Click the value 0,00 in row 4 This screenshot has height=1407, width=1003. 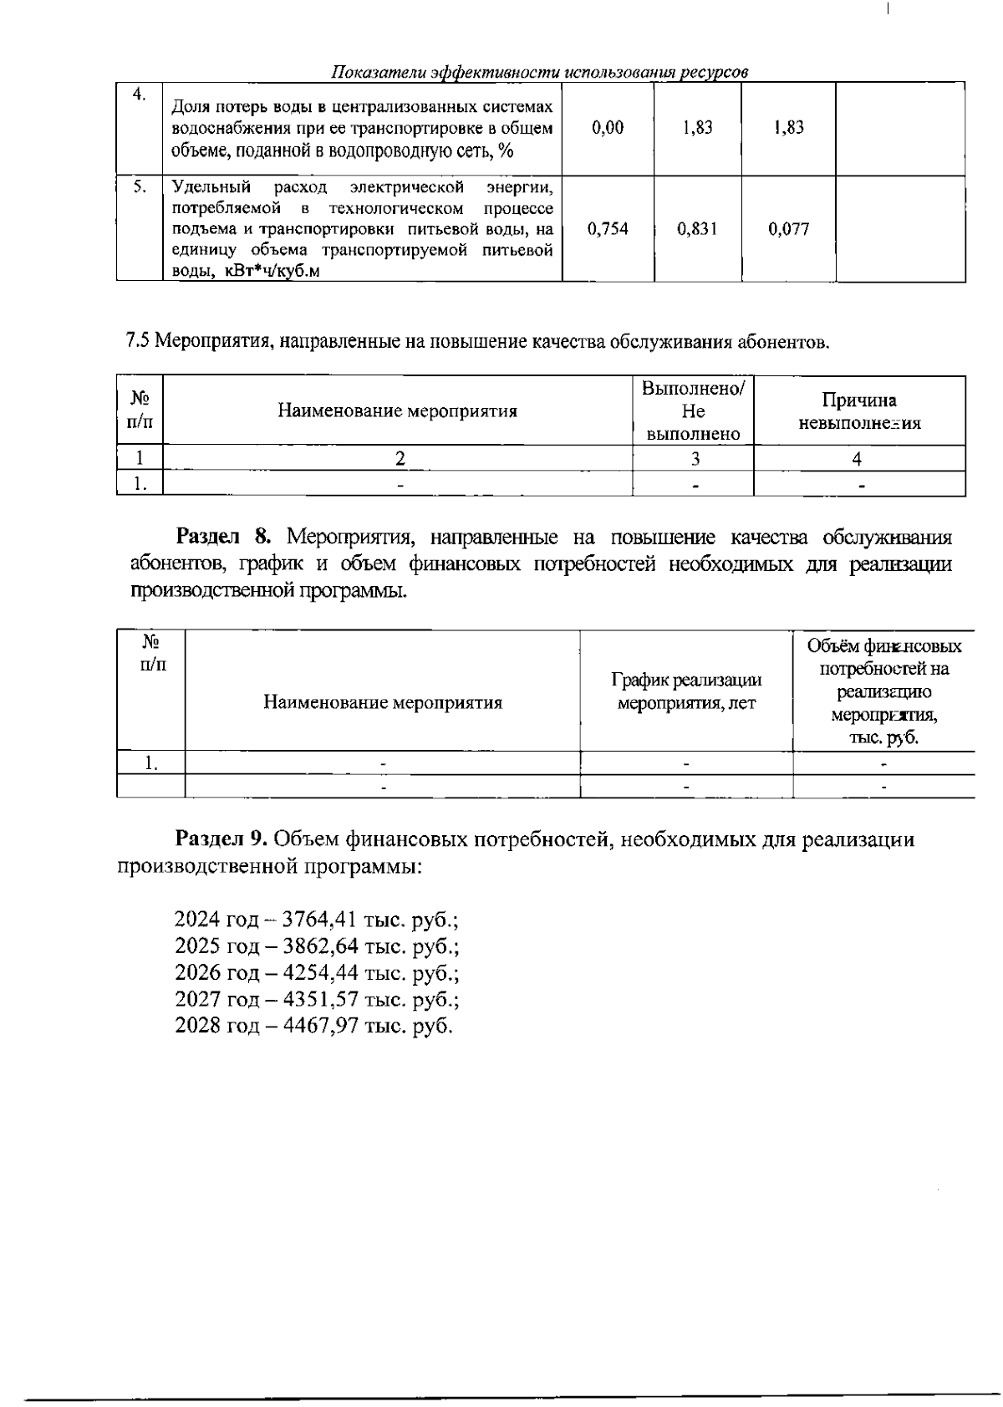click(x=607, y=128)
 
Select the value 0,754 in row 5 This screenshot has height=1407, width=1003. click(x=608, y=228)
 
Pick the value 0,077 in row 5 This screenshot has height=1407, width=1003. click(x=788, y=228)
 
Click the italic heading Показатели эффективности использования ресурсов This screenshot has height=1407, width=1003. click(x=539, y=72)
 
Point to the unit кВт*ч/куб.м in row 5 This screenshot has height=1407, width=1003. click(x=272, y=272)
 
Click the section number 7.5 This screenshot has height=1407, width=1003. click(x=137, y=341)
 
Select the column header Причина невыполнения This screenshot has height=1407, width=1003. click(x=859, y=411)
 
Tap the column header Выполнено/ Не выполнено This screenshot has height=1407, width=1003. click(x=694, y=411)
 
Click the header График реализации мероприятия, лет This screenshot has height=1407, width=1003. click(x=686, y=691)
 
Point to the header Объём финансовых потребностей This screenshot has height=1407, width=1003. click(x=884, y=658)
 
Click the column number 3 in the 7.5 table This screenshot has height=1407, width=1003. click(x=694, y=458)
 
